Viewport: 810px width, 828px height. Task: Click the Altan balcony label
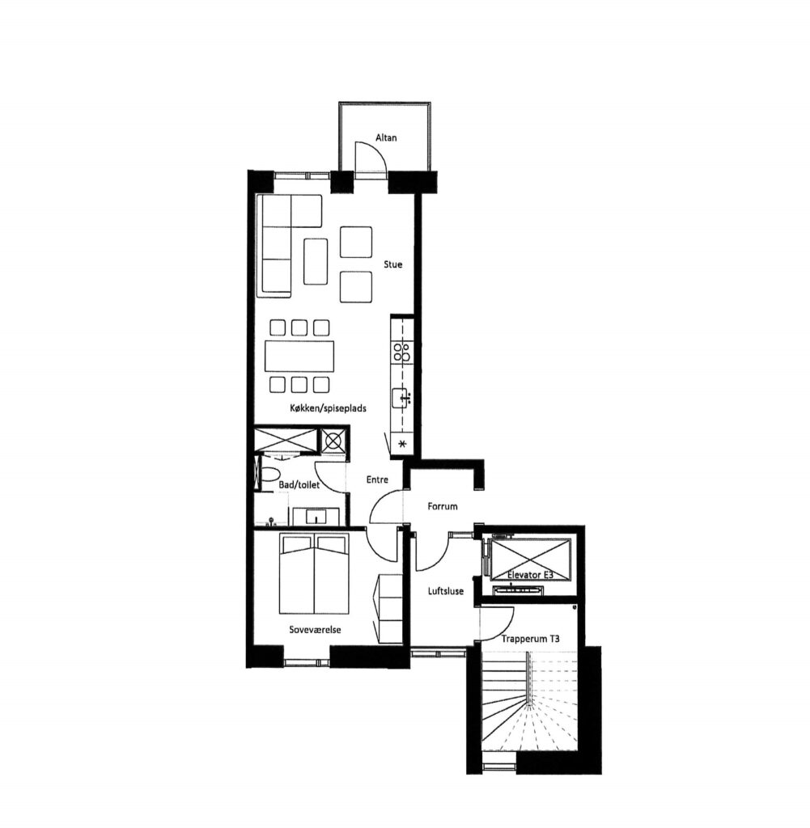click(386, 137)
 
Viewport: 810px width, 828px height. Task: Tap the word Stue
click(392, 264)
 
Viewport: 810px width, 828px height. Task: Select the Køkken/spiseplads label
click(328, 408)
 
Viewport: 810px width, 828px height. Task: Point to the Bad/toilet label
click(299, 485)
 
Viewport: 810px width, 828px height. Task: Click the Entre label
click(377, 479)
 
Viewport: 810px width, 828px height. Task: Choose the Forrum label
click(443, 506)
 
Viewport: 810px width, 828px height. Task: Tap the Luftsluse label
click(445, 591)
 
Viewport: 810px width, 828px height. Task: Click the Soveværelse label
click(315, 630)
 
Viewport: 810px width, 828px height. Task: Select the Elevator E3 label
click(530, 575)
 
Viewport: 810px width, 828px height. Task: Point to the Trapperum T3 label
click(531, 639)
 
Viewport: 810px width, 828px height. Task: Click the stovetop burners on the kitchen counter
click(401, 352)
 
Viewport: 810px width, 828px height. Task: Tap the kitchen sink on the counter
click(402, 398)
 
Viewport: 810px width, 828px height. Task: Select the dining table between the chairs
click(299, 357)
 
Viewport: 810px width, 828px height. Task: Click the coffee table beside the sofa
click(316, 261)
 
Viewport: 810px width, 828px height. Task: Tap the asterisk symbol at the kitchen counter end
click(402, 444)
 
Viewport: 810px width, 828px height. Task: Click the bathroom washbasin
click(316, 516)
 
